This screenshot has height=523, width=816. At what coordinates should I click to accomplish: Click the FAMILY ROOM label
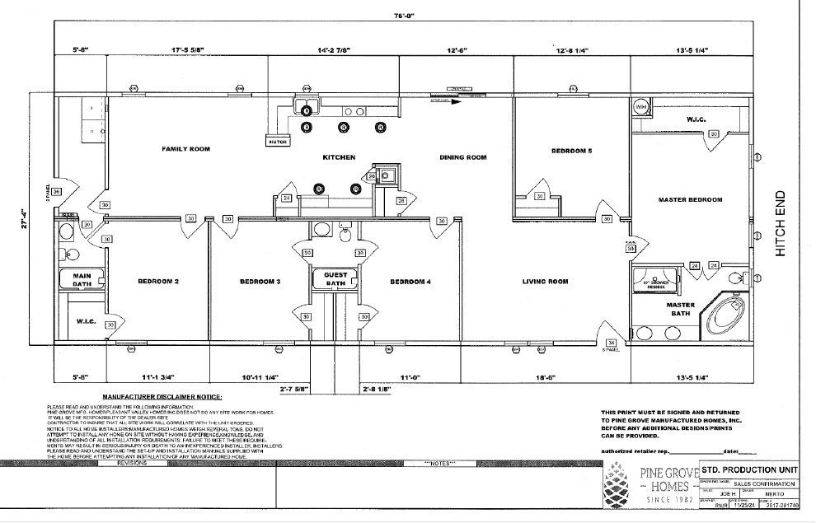pos(185,149)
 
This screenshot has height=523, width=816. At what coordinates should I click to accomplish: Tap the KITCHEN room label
pos(339,156)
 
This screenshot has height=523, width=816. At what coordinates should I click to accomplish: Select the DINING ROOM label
pos(463,157)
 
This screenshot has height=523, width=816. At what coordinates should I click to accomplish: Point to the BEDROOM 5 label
pos(572,151)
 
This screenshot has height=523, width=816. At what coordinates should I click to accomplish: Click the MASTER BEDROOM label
pos(690,199)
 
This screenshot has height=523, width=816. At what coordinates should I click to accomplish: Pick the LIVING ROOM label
pos(545,282)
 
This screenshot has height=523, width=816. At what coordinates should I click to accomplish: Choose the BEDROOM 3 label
pos(260,282)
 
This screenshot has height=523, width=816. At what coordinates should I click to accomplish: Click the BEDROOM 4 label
pos(410,282)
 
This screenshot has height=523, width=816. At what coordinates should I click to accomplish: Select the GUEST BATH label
pos(335,279)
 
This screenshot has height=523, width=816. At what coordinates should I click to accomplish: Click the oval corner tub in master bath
pos(725,315)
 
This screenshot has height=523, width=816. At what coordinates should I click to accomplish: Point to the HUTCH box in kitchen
pos(277,142)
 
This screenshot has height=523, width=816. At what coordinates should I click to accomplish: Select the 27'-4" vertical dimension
pos(26,222)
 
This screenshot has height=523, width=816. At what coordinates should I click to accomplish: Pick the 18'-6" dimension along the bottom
pos(546,378)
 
